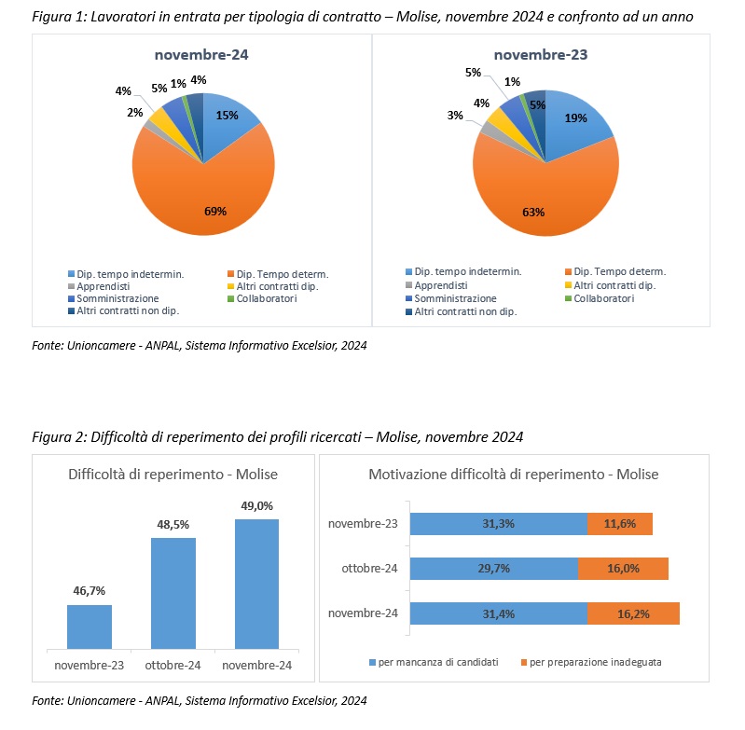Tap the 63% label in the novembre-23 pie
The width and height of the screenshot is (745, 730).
(533, 213)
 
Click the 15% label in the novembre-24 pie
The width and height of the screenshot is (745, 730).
(227, 116)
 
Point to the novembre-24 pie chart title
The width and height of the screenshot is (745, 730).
(201, 55)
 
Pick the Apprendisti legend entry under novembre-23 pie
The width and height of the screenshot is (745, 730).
(436, 285)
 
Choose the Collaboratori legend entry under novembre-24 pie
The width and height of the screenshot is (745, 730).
(262, 298)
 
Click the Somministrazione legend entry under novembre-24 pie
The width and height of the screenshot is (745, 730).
(114, 298)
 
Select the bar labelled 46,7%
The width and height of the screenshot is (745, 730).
(90, 627)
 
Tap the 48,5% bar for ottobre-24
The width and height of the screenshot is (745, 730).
(172, 594)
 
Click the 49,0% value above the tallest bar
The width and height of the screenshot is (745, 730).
(256, 506)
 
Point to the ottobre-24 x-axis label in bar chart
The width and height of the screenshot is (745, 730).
(172, 666)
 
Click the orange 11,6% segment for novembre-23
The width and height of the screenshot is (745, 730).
(619, 524)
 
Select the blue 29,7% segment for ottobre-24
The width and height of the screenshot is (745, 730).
(493, 569)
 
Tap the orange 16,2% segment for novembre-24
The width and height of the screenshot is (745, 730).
(633, 613)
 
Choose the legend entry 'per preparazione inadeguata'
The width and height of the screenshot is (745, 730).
(591, 663)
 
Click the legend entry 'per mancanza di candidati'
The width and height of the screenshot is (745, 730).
(434, 663)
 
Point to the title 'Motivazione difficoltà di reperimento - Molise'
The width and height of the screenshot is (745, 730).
(514, 475)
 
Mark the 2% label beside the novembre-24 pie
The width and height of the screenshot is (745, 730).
(135, 113)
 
